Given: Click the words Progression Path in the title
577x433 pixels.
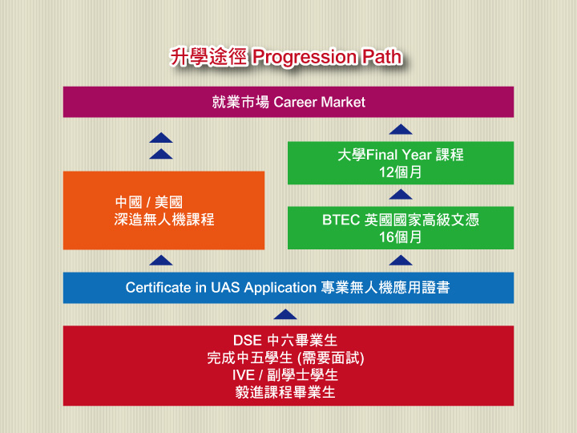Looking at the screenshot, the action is (x=327, y=57).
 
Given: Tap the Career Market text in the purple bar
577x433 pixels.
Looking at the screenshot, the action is (x=320, y=102).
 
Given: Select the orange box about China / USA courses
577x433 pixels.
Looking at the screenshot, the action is (x=163, y=210).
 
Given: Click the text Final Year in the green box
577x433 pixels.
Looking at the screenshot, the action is (x=399, y=155).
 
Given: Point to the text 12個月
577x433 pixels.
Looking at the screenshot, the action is (x=401, y=172).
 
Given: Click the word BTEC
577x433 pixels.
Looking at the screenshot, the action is (x=341, y=220).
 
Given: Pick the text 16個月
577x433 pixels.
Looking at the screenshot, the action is (x=401, y=237).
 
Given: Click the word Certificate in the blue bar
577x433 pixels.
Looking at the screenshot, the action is (x=158, y=288).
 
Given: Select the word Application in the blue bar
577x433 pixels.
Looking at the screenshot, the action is (x=280, y=288).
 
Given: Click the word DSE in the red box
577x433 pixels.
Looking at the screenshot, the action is (x=248, y=340).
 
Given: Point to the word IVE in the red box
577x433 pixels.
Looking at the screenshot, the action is (x=244, y=375).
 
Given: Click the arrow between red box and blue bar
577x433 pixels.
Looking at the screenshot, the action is (x=285, y=314).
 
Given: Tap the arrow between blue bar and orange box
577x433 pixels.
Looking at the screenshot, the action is (x=161, y=261).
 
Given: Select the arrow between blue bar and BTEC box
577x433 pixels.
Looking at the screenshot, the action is (x=401, y=261).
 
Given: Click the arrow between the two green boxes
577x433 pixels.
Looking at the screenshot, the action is (x=401, y=194).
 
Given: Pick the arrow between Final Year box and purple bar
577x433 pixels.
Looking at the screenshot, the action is (x=401, y=129).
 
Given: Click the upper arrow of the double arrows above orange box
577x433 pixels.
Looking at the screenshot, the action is (x=161, y=138).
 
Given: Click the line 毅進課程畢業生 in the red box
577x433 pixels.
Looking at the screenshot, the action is (x=285, y=392).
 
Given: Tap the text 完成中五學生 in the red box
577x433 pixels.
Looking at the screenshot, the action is (x=249, y=358).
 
